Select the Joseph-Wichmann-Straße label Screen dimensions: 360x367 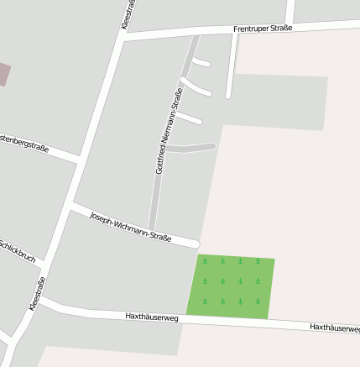pyautogui.click(x=130, y=226)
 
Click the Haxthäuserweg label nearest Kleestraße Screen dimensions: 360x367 pyautogui.click(x=152, y=317)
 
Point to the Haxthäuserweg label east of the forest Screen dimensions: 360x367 pyautogui.click(x=334, y=327)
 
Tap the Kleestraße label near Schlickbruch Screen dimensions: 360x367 pyautogui.click(x=36, y=294)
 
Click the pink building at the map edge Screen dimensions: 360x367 pyautogui.click(x=4, y=74)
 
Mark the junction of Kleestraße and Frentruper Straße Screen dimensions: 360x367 pyautogui.click(x=123, y=38)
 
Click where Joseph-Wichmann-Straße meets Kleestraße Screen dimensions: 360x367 pyautogui.click(x=73, y=204)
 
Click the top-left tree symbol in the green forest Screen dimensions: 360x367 pyautogui.click(x=205, y=261)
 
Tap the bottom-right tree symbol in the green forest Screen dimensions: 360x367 pyautogui.click(x=258, y=300)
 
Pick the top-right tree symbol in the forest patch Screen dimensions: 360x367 pyautogui.click(x=258, y=261)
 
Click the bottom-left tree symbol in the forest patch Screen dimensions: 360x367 pyautogui.click(x=205, y=300)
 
